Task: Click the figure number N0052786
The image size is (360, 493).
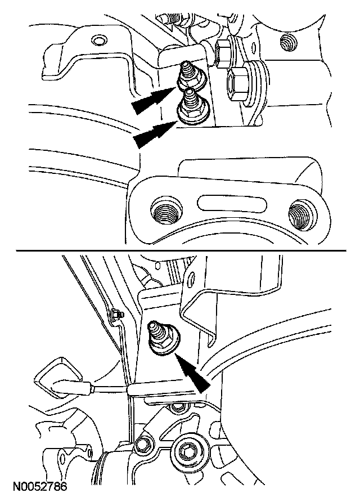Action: point(40,486)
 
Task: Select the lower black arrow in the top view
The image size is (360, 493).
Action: point(154,135)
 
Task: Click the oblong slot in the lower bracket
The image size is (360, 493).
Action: point(232,203)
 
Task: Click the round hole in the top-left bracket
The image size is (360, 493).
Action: point(98,41)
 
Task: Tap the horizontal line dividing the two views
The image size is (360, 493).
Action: point(181,250)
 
